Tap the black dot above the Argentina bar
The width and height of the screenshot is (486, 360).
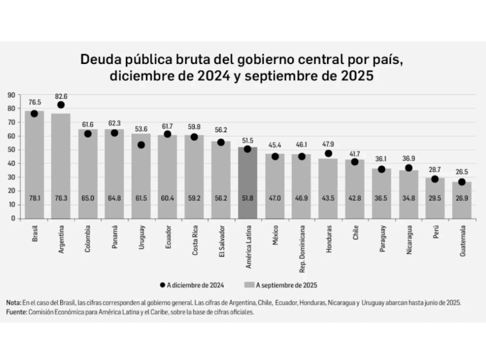[61, 105]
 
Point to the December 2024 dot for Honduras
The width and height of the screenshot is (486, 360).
[328, 153]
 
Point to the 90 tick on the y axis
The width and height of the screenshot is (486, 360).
[12, 95]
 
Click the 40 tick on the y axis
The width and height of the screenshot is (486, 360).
[12, 163]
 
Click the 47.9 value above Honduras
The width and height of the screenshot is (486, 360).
[328, 144]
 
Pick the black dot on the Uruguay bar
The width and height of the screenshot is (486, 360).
[141, 145]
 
